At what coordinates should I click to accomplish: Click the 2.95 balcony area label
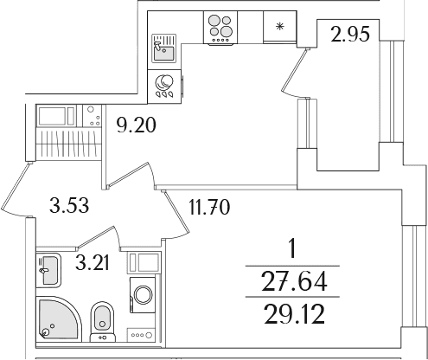[x=350, y=34]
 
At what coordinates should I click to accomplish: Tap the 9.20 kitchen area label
[x=137, y=125]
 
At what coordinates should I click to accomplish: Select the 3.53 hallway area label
[x=69, y=205]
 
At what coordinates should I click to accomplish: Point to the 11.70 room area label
[x=209, y=207]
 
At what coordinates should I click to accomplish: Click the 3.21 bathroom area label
[x=93, y=263]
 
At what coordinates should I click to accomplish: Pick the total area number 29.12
[x=294, y=314]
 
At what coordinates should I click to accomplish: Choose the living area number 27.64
[x=294, y=281]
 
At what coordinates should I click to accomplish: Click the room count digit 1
[x=292, y=249]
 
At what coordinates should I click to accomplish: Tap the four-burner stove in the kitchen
[x=220, y=28]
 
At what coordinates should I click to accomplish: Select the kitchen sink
[x=164, y=48]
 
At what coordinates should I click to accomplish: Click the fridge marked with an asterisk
[x=280, y=28]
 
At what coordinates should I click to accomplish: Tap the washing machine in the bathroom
[x=143, y=295]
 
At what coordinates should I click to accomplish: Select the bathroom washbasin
[x=48, y=270]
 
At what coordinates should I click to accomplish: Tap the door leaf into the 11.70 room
[x=176, y=211]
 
